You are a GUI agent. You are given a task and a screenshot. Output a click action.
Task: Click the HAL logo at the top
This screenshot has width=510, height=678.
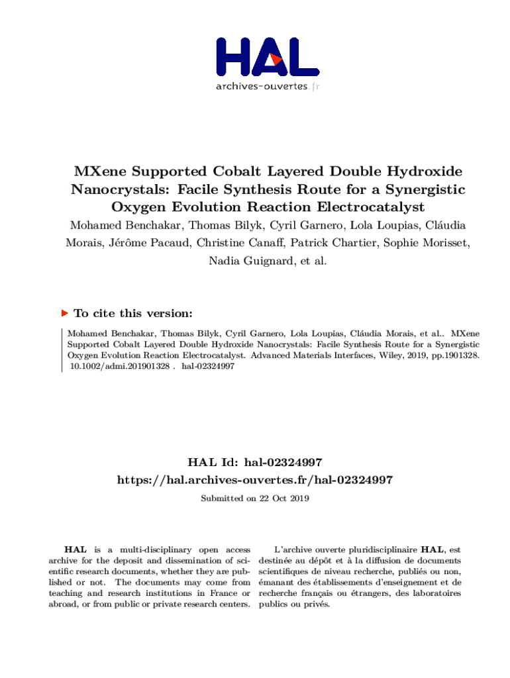click(267, 57)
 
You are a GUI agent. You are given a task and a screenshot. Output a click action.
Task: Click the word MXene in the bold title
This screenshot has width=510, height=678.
click(101, 171)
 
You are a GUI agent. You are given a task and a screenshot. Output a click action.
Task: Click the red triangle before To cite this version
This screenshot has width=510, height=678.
click(64, 313)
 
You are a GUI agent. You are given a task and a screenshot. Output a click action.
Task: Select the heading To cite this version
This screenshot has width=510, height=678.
click(133, 313)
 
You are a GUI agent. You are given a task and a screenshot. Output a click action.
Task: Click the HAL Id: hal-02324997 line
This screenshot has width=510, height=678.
click(255, 462)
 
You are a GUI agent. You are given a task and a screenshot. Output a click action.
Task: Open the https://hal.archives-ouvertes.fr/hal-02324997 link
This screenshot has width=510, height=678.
click(255, 479)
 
